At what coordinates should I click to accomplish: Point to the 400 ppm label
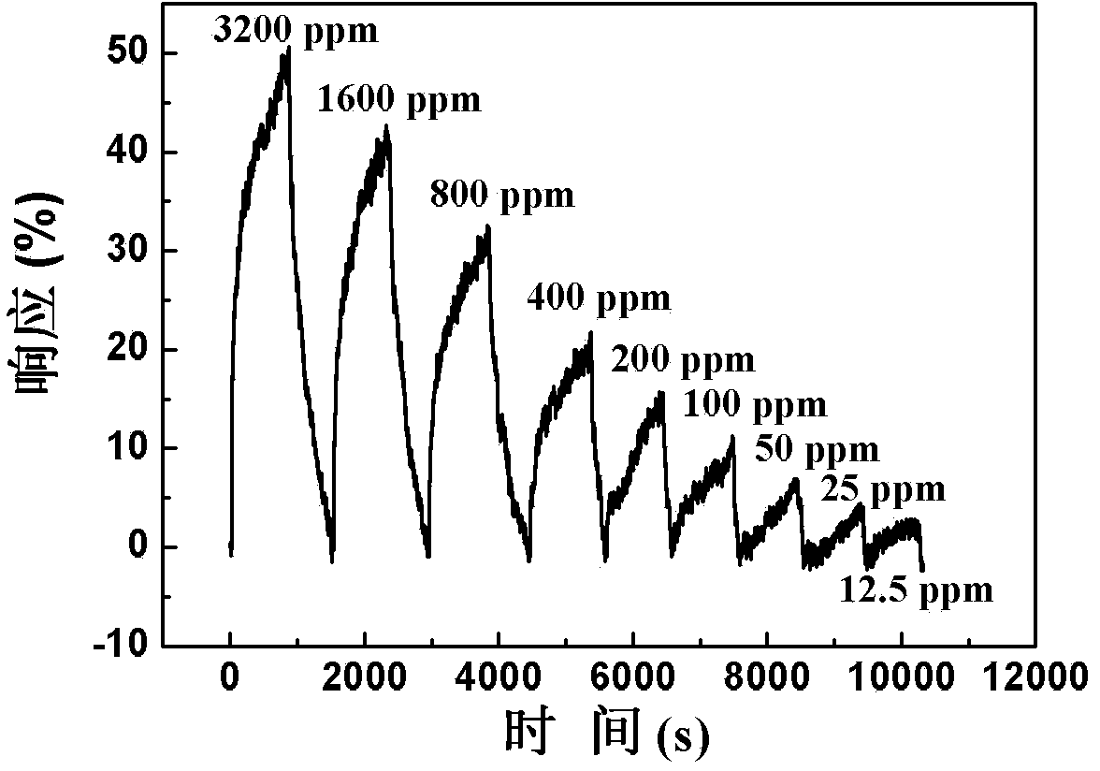point(599,298)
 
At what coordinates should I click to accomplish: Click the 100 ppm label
point(755,404)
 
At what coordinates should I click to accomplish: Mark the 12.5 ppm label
point(916,591)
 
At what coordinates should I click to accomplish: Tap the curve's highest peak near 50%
point(288,48)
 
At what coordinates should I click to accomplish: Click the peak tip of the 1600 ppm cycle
point(386,125)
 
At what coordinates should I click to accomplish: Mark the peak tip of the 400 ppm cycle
point(591,332)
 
